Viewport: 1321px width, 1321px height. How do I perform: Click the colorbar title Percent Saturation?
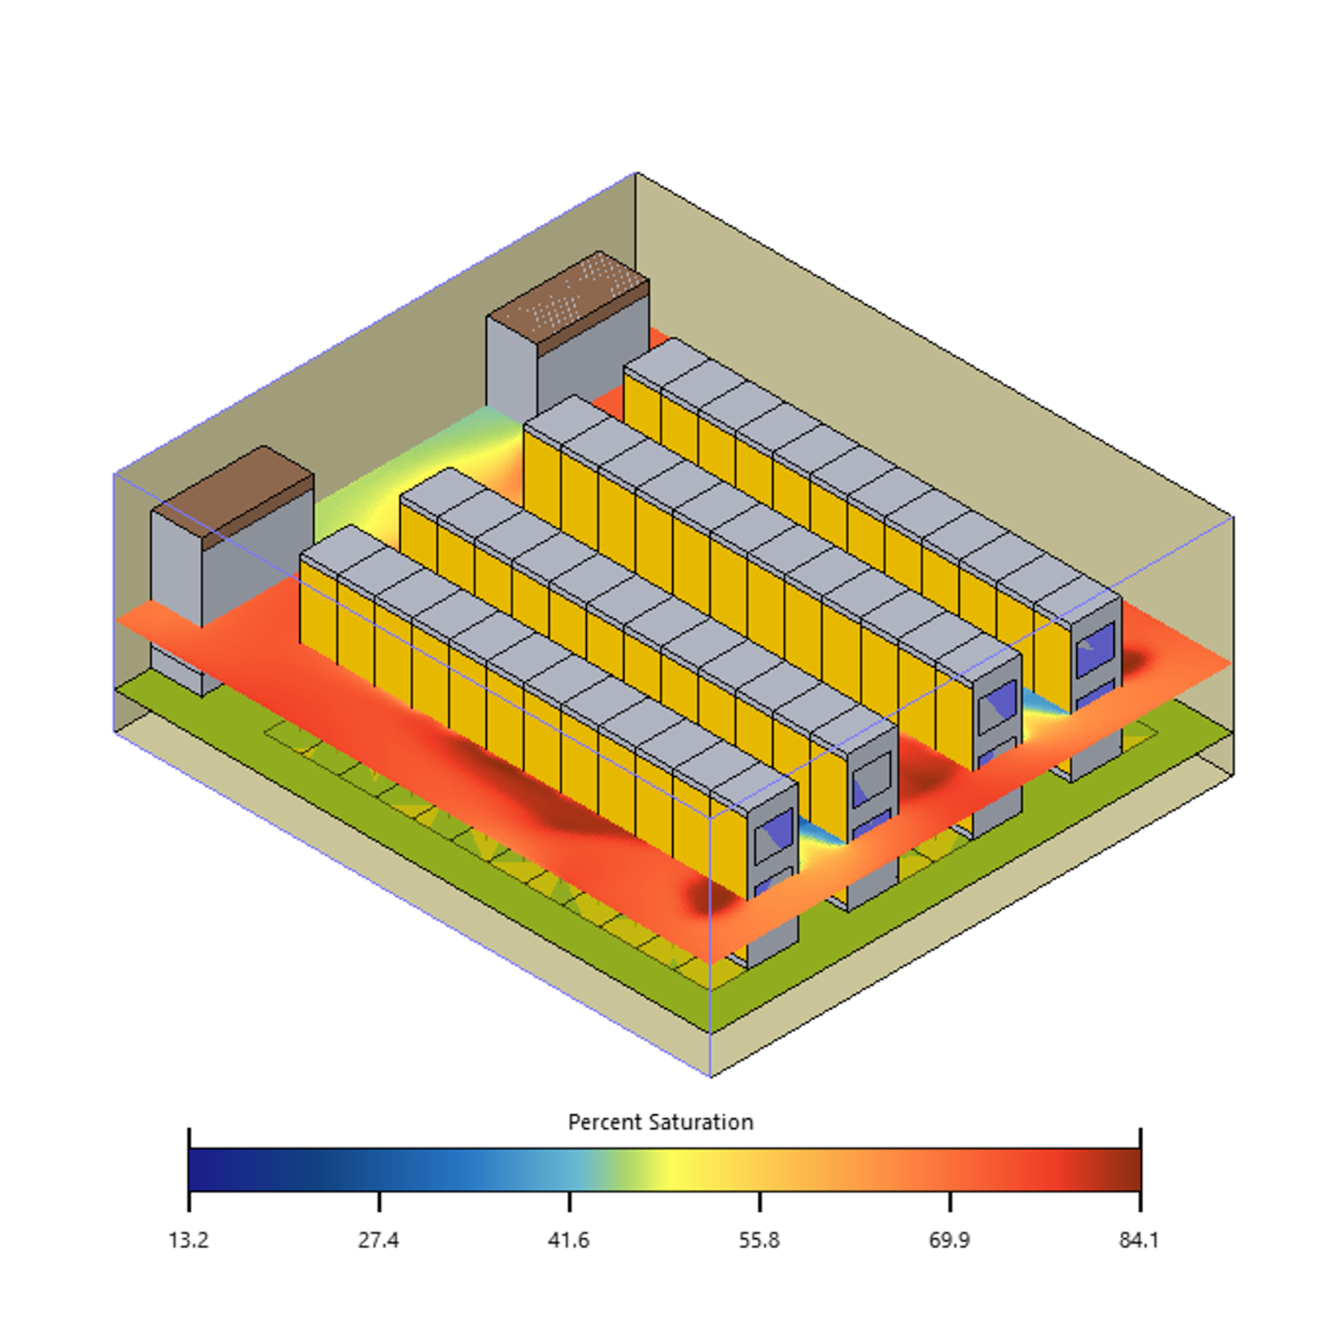pos(660,1122)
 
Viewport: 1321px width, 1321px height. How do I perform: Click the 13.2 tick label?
pos(189,1240)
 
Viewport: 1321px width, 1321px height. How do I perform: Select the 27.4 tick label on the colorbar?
pos(378,1240)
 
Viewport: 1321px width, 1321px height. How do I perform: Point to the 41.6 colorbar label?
pos(569,1240)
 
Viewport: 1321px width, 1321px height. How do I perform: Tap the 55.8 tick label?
pos(760,1240)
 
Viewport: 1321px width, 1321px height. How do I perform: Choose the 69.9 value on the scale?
pos(949,1240)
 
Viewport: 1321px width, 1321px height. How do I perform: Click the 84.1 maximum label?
pos(1139,1240)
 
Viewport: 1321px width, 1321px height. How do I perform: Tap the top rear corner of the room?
pos(636,173)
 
